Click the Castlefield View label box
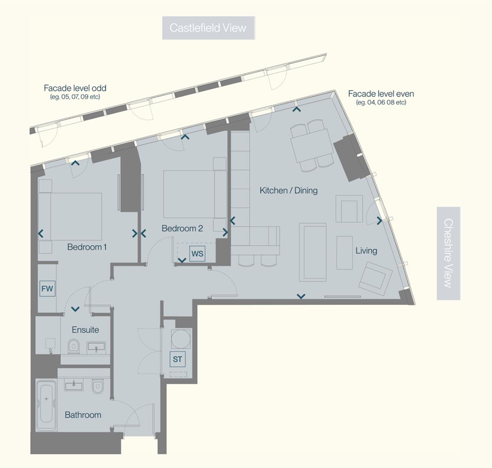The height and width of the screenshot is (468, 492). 208,28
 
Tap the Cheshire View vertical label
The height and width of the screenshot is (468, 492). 448,253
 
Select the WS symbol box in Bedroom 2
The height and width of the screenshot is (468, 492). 197,253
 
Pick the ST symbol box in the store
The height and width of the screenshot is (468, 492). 177,359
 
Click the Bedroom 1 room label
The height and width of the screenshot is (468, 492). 87,247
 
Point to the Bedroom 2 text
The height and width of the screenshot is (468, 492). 182,228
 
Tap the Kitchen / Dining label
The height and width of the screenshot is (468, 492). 288,190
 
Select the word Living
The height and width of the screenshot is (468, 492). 366,250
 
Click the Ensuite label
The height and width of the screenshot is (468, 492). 85,330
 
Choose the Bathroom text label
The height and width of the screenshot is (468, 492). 83,415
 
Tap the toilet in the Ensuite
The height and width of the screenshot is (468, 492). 74,346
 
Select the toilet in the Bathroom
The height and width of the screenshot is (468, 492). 98,387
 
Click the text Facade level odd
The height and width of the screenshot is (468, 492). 75,88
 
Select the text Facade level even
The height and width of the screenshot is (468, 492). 381,94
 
